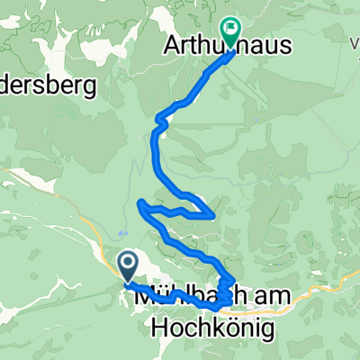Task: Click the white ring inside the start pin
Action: (x=127, y=262)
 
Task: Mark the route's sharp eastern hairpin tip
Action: (x=212, y=216)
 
